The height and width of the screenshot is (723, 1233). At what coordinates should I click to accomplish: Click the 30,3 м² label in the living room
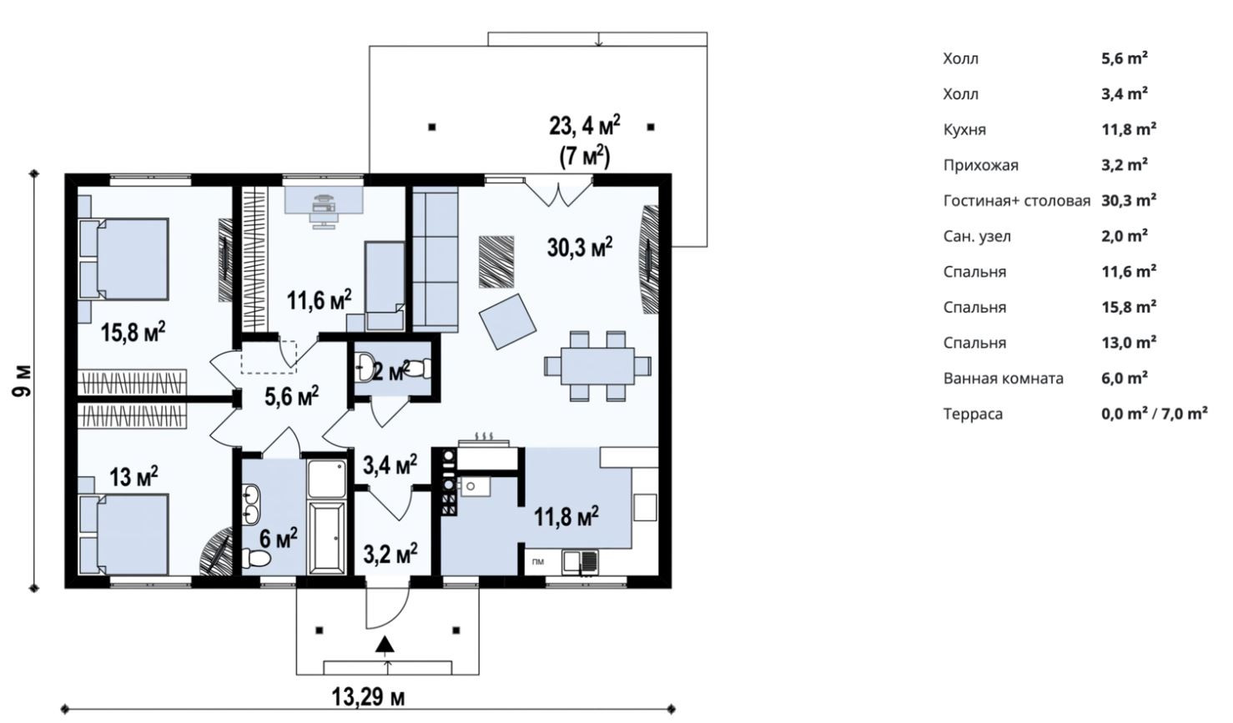coord(580,248)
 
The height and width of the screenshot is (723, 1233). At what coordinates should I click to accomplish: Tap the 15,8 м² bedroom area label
coord(133,333)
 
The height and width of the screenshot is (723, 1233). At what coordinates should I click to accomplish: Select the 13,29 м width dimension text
coord(368,697)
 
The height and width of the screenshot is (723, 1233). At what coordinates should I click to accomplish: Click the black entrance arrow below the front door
coord(385,644)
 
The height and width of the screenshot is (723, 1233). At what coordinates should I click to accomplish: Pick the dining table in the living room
coord(598,366)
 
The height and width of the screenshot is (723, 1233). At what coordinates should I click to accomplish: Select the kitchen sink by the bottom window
coord(580,562)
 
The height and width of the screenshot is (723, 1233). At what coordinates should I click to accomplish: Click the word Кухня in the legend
coord(964,130)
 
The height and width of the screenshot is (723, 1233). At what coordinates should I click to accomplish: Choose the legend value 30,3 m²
coord(1129,200)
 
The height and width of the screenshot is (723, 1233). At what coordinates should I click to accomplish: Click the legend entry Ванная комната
coord(1003,379)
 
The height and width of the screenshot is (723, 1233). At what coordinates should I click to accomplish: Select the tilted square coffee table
coord(507,321)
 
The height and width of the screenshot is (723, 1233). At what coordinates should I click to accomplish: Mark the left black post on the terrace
coord(432,127)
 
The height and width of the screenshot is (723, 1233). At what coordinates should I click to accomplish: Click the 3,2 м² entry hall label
coord(390,554)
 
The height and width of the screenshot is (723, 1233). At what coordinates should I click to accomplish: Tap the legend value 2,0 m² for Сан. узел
coord(1125,236)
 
